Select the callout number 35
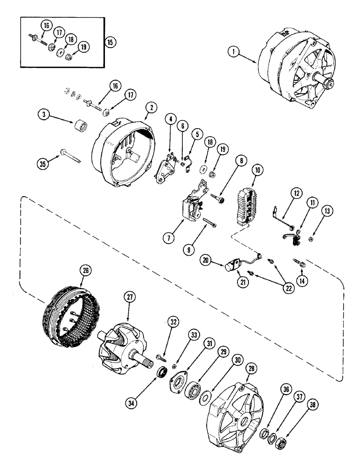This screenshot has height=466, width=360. click(x=43, y=164)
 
